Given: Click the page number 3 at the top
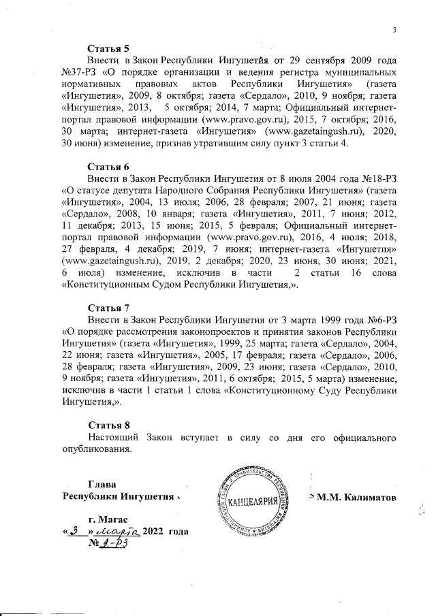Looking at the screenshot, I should point(394,29).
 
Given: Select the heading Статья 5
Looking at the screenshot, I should point(108,48).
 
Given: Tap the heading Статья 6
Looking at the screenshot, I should point(108,166).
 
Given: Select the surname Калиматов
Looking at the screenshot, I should point(363,497).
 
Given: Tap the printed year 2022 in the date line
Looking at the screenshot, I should point(155,532).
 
